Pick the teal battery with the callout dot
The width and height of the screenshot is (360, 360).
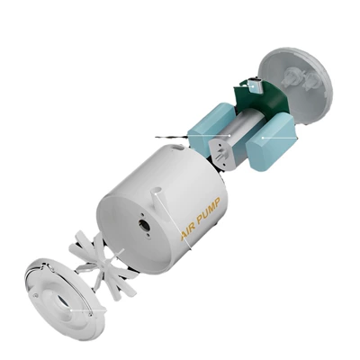(x=271, y=142)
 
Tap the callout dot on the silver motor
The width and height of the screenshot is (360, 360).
(x=229, y=136)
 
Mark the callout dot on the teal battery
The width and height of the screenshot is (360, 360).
(x=263, y=138)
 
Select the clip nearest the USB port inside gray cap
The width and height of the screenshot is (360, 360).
(x=291, y=76)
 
